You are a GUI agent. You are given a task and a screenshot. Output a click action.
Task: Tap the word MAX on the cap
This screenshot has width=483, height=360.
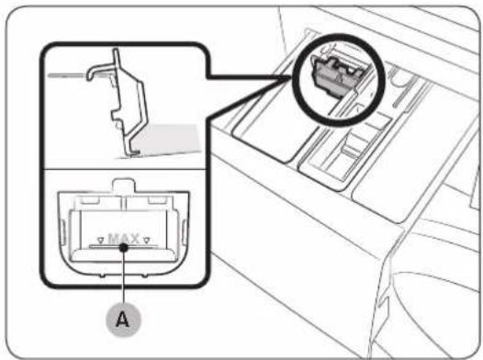[124, 239]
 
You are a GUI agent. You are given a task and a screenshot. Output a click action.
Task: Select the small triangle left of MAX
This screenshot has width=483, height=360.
[100, 240]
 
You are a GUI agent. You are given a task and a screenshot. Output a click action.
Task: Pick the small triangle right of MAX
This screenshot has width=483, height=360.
[147, 240]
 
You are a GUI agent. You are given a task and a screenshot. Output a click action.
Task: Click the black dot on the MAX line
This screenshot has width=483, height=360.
[124, 247]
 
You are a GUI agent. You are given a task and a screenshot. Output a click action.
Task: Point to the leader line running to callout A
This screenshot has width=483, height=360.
[124, 276]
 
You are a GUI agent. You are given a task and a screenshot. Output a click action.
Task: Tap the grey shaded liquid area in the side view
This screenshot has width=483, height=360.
[168, 139]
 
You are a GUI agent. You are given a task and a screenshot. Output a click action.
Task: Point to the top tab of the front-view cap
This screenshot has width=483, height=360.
[124, 185]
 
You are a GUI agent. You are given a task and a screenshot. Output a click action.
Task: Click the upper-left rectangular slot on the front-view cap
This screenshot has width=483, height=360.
[90, 200]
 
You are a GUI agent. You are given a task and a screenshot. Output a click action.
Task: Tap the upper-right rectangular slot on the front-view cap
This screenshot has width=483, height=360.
[157, 200]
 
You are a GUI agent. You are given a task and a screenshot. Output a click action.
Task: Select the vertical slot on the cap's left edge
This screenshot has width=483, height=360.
[62, 233]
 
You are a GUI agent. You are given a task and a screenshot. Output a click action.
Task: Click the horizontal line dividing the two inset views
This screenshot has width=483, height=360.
[124, 169]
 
